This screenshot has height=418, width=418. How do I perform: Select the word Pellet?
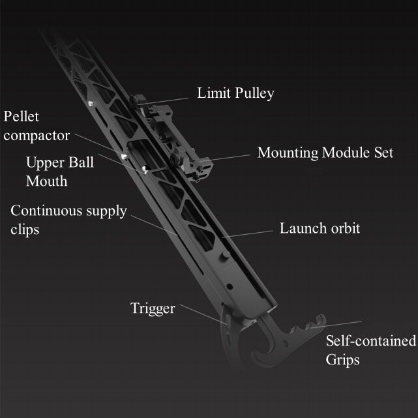(x=22, y=117)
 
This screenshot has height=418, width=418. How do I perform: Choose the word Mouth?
(x=46, y=181)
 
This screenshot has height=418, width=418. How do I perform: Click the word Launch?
(x=301, y=229)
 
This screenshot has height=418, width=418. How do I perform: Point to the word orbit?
(x=343, y=229)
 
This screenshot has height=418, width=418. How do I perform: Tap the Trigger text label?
(x=153, y=308)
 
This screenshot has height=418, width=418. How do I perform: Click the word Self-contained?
(x=370, y=341)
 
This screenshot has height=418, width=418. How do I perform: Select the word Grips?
(x=342, y=359)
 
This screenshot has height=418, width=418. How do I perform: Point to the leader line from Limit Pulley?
(x=163, y=99)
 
